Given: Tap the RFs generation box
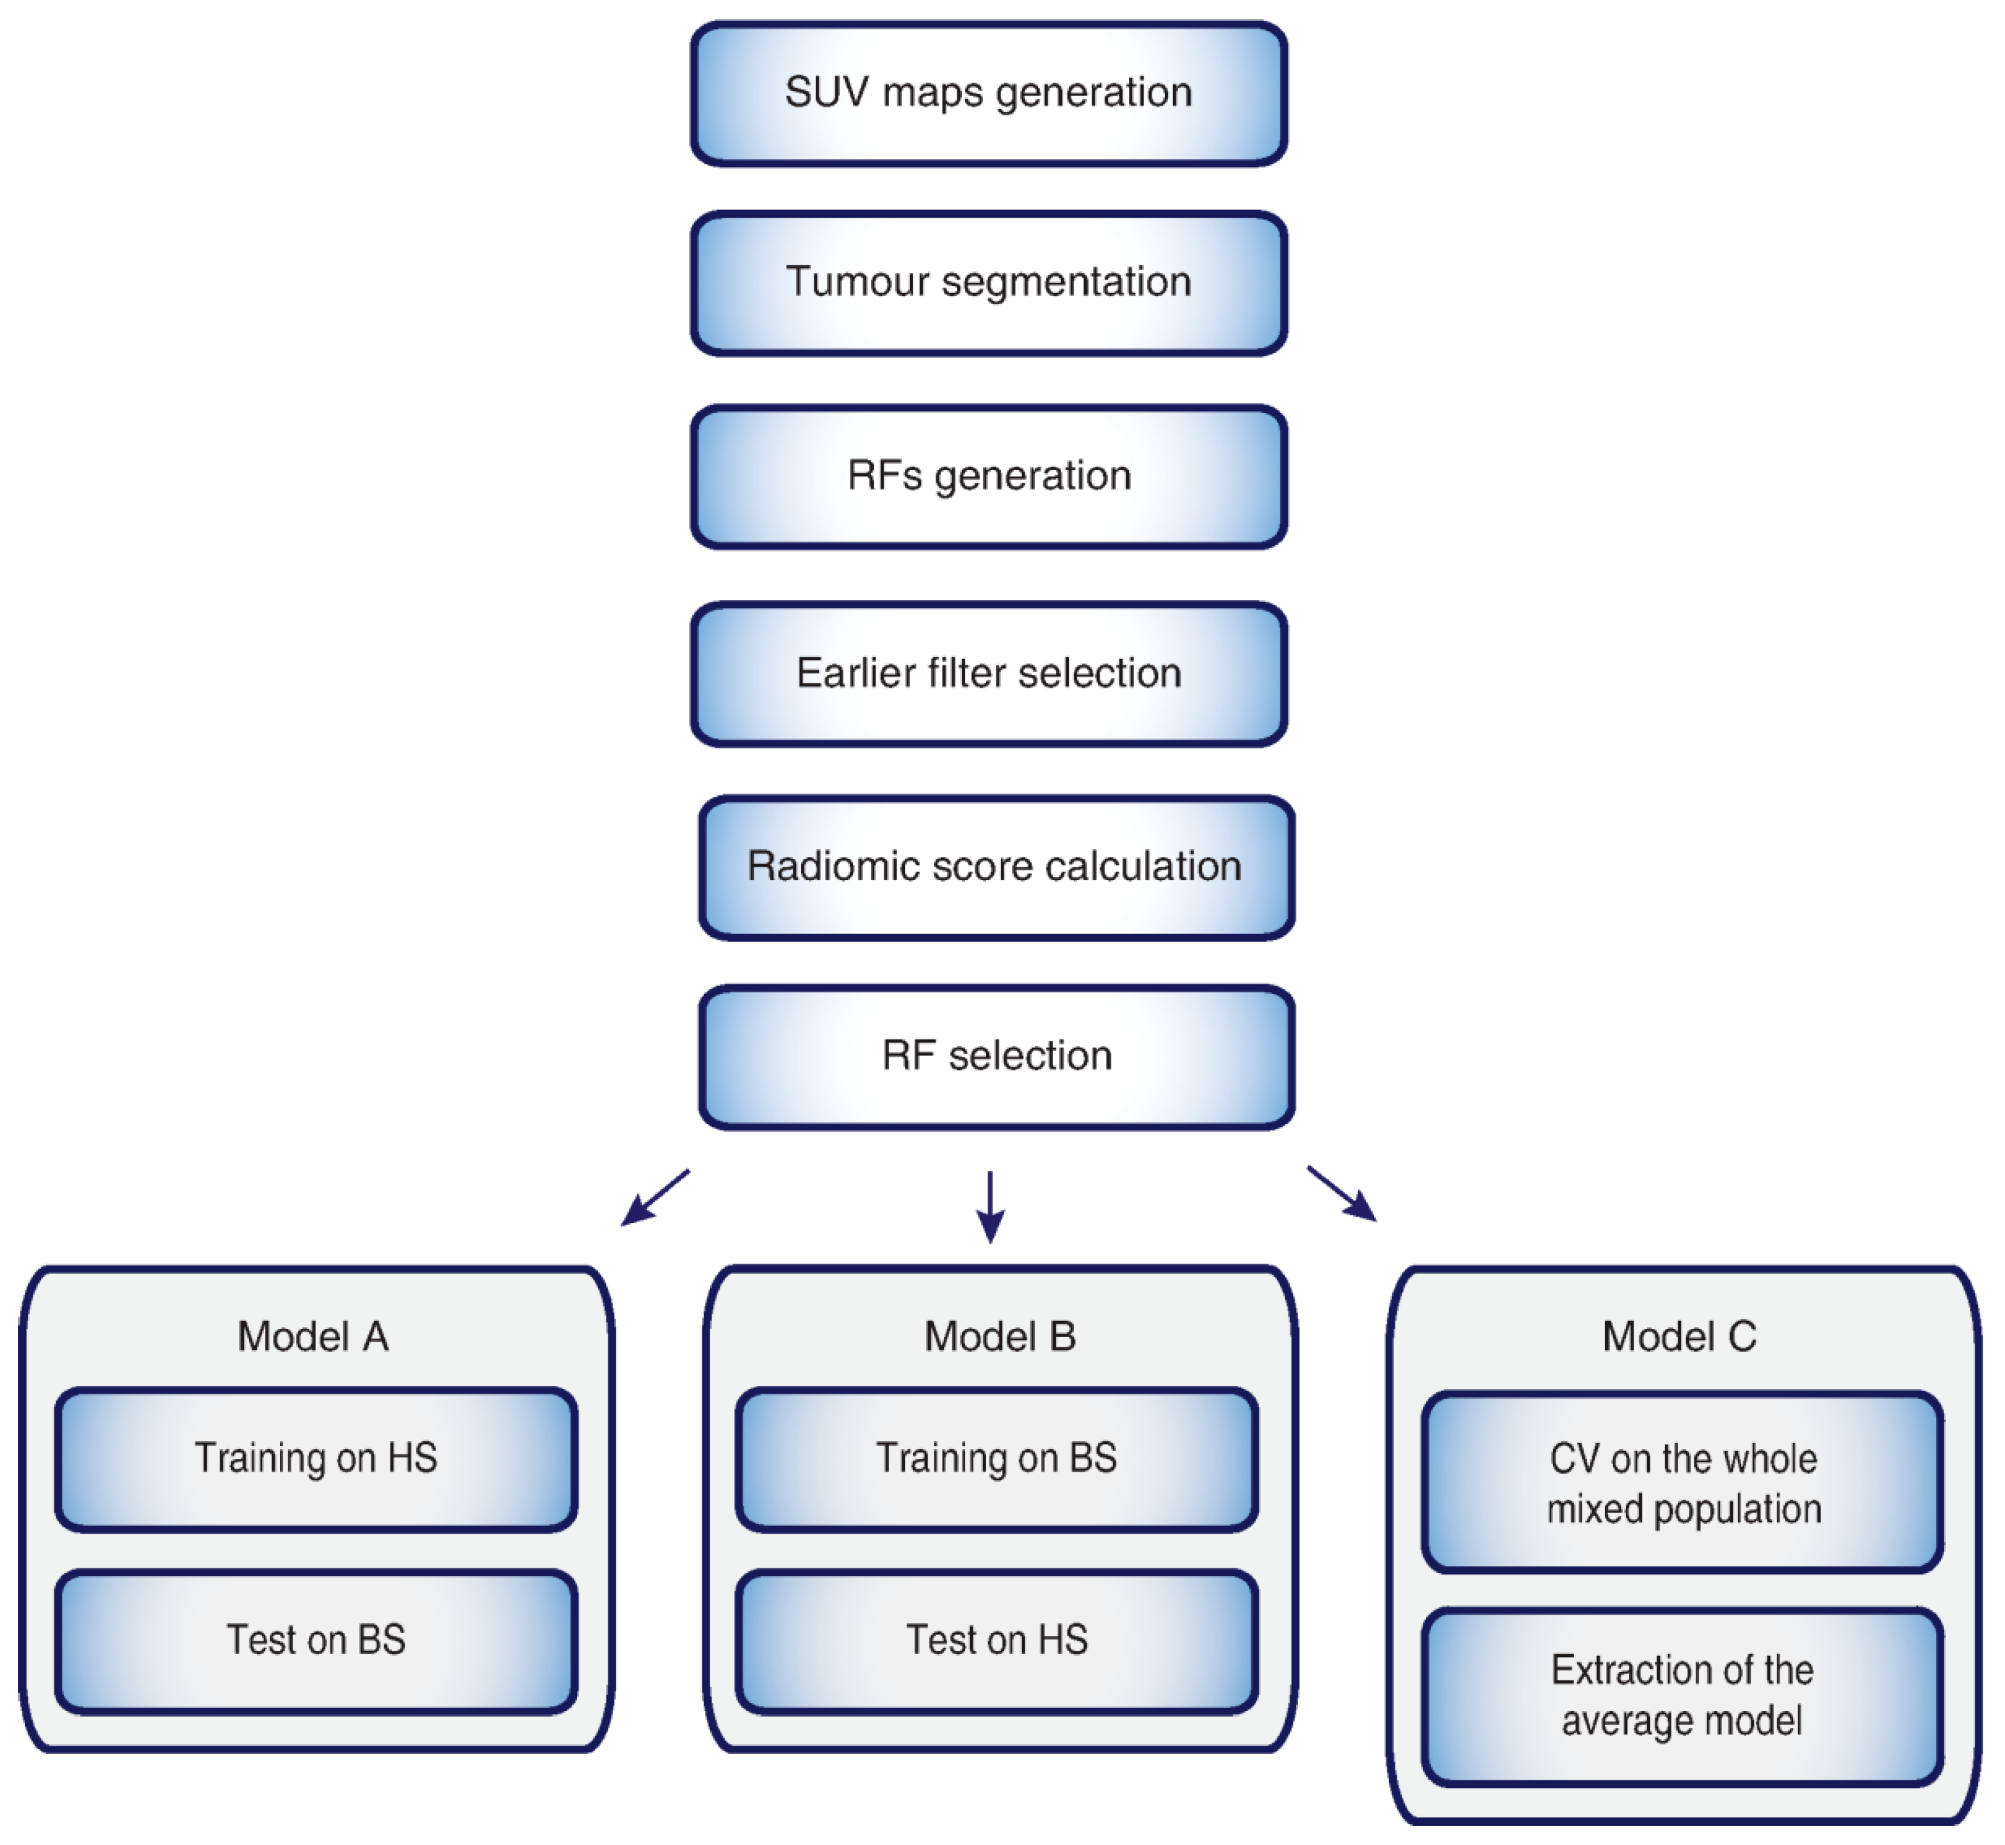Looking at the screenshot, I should pyautogui.click(x=989, y=477).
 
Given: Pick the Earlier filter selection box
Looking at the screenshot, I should pyautogui.click(x=989, y=674).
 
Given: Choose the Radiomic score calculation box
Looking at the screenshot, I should pyautogui.click(x=996, y=868).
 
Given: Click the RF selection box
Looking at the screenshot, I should pyautogui.click(x=996, y=1057).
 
